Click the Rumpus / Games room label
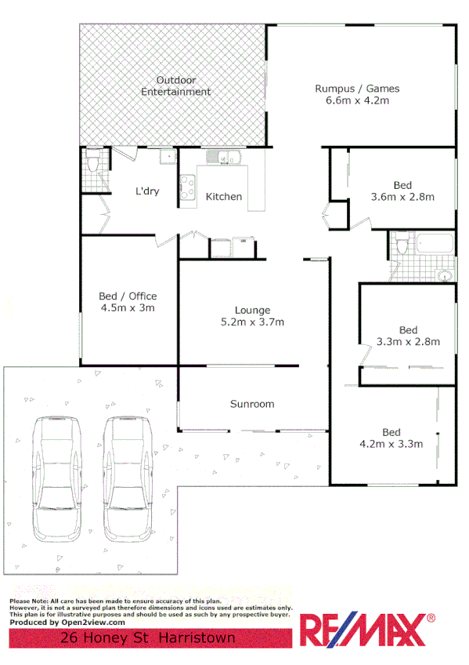pos(357,88)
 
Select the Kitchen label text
pos(224,197)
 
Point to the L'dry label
pos(148,191)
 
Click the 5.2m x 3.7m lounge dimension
pos(253,322)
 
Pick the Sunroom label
pos(252,404)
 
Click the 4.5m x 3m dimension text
pos(128,308)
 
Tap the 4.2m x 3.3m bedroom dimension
pos(391,444)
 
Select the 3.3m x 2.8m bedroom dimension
pos(408,341)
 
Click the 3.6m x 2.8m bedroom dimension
pos(402,197)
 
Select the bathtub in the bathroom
pos(434,243)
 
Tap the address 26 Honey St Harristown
pos(148,639)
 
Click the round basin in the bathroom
pos(444,275)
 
